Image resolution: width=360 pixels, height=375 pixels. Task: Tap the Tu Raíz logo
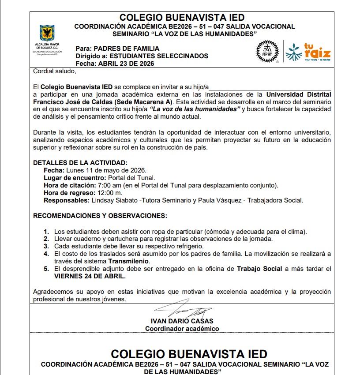[308, 52]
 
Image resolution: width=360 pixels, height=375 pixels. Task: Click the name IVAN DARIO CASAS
[182, 321]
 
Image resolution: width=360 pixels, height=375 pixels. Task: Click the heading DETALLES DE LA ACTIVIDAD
[80, 162]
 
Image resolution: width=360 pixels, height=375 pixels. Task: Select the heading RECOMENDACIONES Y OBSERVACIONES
[100, 216]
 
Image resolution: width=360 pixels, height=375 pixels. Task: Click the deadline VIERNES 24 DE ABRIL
[90, 276]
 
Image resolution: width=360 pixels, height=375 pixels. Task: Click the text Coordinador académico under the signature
[182, 328]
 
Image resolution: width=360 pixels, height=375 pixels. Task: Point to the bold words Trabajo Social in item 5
[259, 269]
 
